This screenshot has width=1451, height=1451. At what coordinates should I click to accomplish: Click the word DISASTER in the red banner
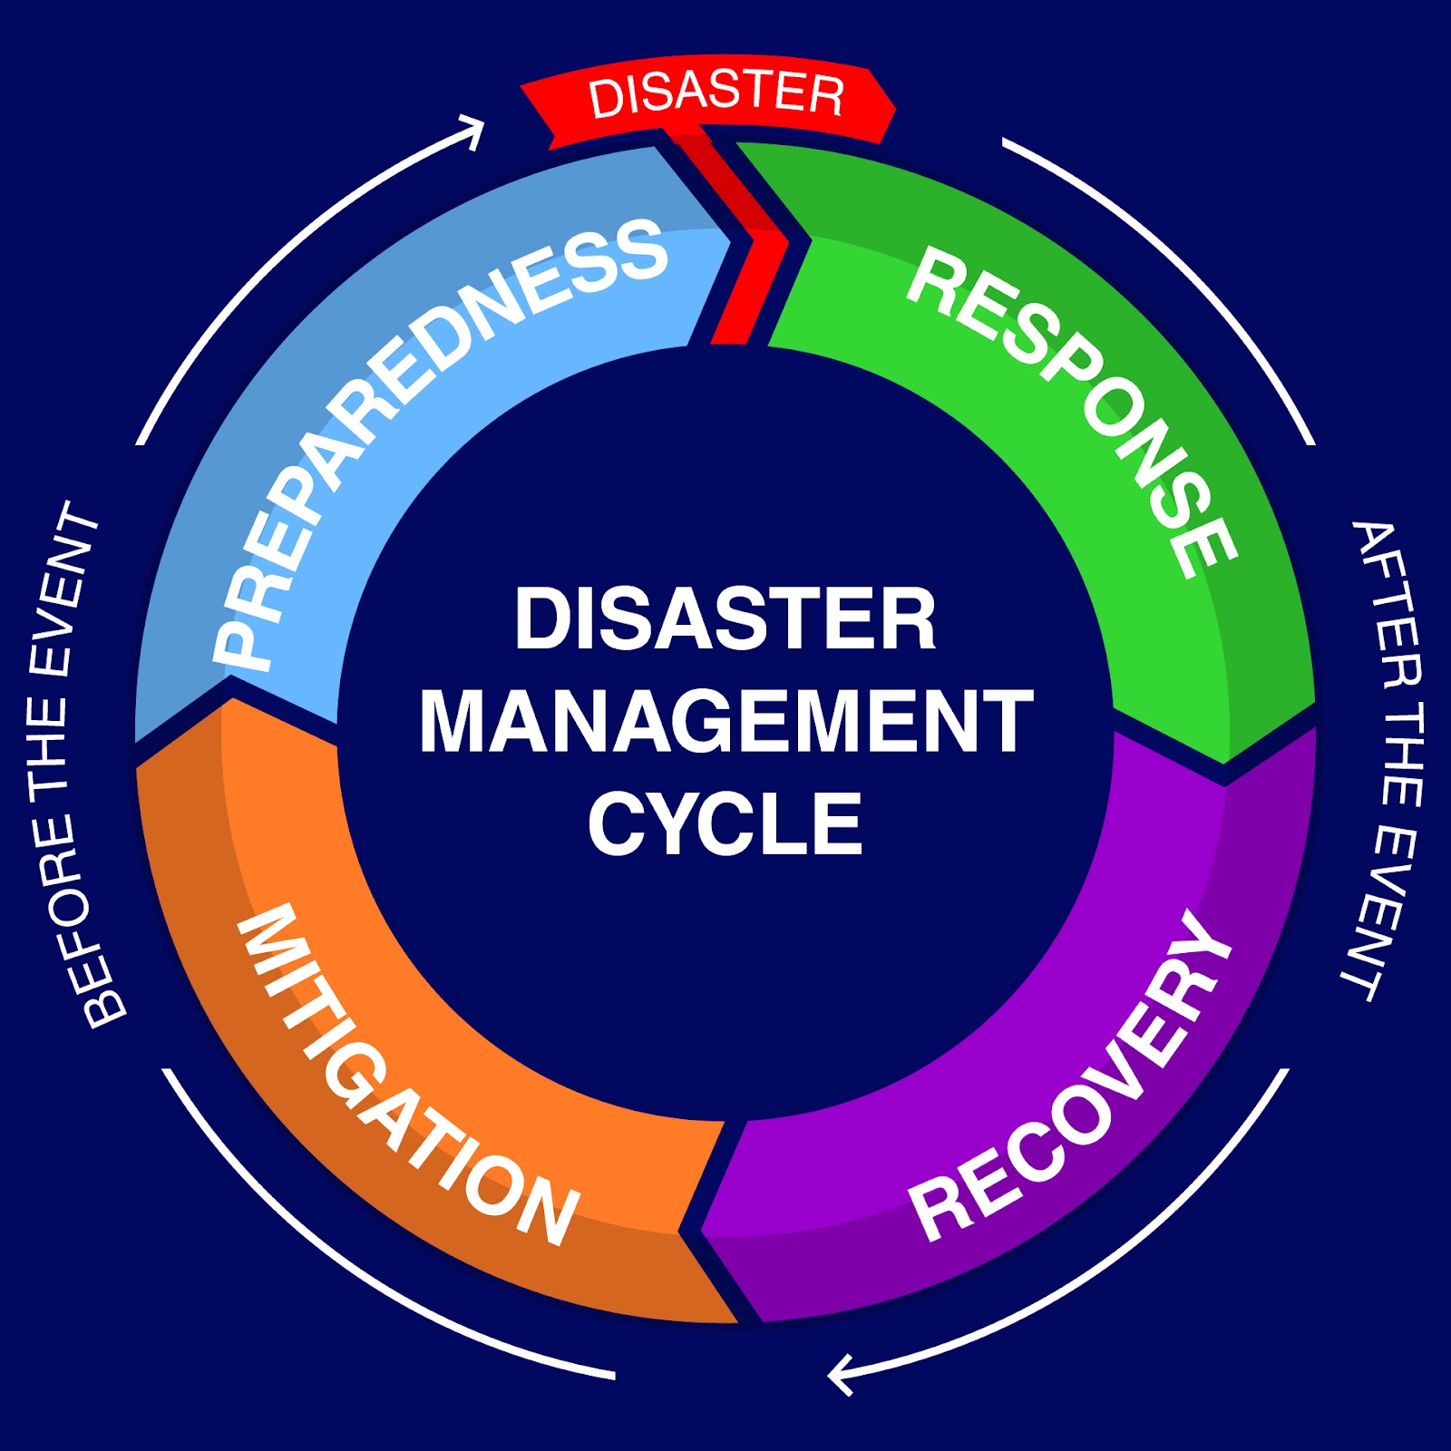716,95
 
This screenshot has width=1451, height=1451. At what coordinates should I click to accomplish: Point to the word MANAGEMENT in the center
725,721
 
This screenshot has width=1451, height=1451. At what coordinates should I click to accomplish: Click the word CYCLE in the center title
725,823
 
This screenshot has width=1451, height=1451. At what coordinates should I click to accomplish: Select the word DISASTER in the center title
725,618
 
